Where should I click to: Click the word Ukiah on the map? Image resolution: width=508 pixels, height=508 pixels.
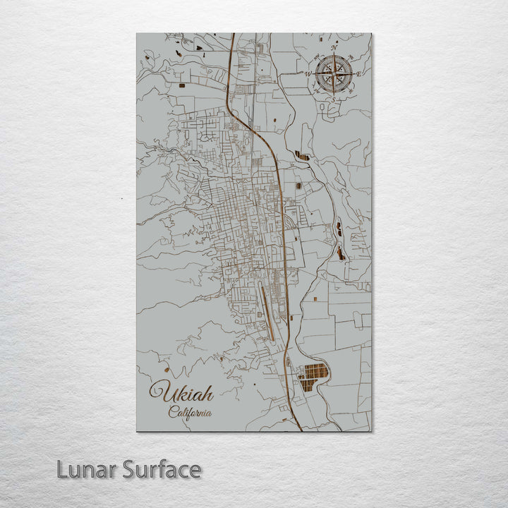pos(182,392)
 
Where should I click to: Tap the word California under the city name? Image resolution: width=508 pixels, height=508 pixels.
pos(190,413)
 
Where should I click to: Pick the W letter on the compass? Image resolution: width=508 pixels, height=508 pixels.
pos(308,73)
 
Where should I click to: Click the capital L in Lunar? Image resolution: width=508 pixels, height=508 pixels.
pos(63,469)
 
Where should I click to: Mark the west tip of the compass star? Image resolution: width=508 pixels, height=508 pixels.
pos(314,72)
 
